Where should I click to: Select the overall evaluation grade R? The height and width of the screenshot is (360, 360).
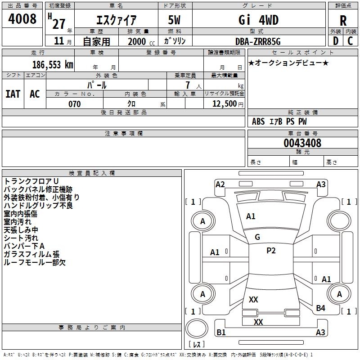[x=343, y=21]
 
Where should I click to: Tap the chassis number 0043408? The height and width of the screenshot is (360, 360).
[x=302, y=143]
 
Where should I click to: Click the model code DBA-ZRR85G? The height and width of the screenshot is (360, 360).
[x=258, y=41]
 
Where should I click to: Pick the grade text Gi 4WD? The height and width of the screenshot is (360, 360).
[x=258, y=20]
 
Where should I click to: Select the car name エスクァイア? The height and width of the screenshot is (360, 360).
[x=117, y=20]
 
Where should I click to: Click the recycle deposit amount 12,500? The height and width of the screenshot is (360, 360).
[x=224, y=104]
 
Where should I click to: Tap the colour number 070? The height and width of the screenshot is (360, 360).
[x=74, y=104]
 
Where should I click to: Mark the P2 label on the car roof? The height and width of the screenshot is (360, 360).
[x=271, y=251]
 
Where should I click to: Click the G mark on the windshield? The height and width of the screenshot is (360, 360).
[x=257, y=237]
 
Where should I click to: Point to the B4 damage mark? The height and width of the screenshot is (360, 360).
[x=321, y=308]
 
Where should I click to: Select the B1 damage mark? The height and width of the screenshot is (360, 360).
[x=221, y=333]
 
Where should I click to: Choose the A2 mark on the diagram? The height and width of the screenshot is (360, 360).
[x=220, y=184]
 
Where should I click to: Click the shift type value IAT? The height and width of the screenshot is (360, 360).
[x=13, y=94]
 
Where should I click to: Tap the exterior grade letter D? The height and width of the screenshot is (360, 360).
[x=336, y=41]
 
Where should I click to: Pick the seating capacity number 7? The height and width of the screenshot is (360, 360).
[x=188, y=85]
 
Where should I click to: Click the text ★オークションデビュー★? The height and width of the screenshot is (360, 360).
[x=288, y=63]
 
